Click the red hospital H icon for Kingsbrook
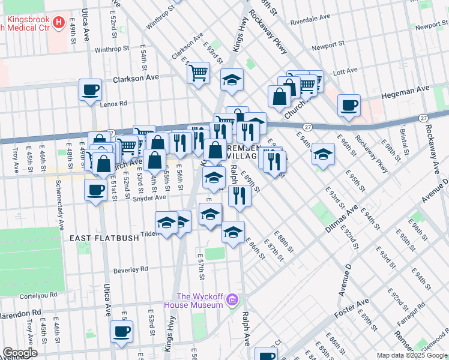[59, 24]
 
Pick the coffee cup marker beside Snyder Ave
[95, 190]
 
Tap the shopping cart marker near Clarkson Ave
[198, 73]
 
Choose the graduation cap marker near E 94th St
[323, 154]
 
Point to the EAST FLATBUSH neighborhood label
[104, 238]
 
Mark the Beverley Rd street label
[127, 269]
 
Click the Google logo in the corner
[20, 353]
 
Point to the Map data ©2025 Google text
[411, 355]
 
